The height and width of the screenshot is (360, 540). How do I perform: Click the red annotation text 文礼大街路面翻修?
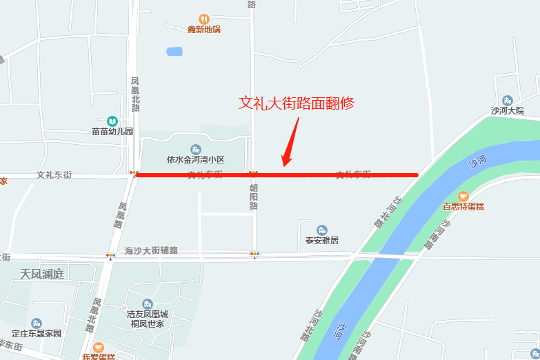click(x=296, y=103)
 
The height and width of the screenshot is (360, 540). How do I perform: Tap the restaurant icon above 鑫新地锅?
click(x=203, y=19)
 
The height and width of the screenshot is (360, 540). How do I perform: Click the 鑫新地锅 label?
click(x=203, y=30)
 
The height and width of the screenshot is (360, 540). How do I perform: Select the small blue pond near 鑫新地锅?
click(x=174, y=52)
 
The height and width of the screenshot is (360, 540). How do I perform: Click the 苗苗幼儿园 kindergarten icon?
click(x=112, y=121)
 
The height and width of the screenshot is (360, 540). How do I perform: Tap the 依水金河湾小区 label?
click(x=196, y=159)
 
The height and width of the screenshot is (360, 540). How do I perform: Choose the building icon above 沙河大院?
click(x=508, y=101)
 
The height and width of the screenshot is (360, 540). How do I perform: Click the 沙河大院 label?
click(x=508, y=110)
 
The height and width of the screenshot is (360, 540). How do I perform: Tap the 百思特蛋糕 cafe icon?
click(x=463, y=197)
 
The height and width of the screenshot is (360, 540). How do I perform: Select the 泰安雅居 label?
click(x=322, y=241)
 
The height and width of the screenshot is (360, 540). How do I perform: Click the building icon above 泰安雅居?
click(x=322, y=230)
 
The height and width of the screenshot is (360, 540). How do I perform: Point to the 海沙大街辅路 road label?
click(x=152, y=250)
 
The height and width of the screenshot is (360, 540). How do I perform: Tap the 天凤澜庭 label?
click(x=41, y=274)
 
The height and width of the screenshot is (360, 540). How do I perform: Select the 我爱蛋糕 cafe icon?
click(x=99, y=347)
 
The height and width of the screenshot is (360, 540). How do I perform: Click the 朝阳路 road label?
click(x=254, y=196)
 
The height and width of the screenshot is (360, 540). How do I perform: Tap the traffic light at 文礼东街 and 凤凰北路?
click(x=133, y=173)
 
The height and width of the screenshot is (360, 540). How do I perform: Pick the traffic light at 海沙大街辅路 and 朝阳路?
click(x=255, y=254)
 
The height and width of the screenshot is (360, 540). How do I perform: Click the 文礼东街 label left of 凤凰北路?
click(x=54, y=175)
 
